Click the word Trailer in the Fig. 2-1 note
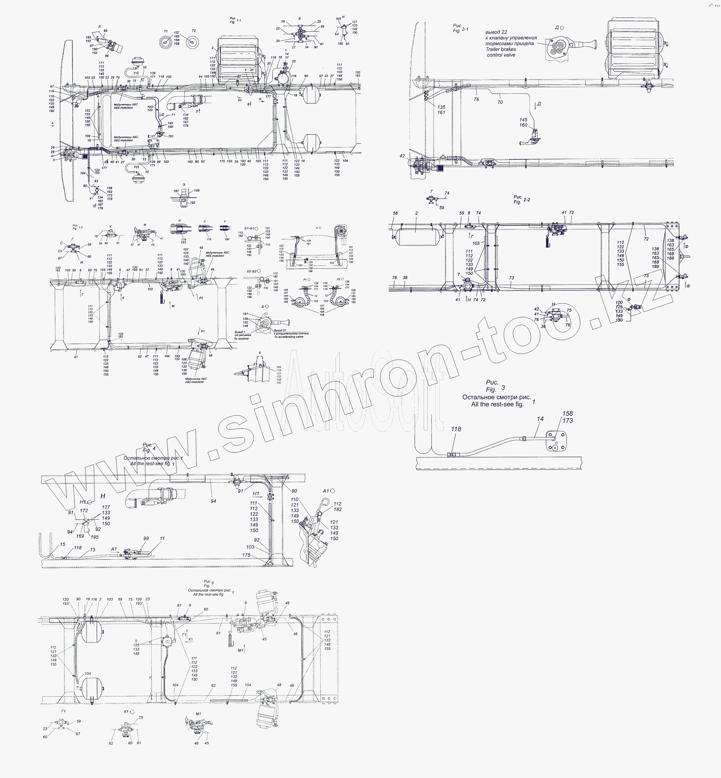point(493,49)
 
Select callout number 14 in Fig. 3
point(540,419)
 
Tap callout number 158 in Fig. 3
point(567,413)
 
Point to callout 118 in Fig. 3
point(456,429)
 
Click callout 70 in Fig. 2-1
point(500,102)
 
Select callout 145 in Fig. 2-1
point(523,120)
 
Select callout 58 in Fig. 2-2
point(395,213)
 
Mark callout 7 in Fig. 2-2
point(459,274)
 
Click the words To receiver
point(241,339)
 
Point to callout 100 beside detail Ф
point(619,302)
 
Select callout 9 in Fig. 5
point(245,602)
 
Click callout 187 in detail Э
point(176,191)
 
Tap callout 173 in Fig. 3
point(567,420)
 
